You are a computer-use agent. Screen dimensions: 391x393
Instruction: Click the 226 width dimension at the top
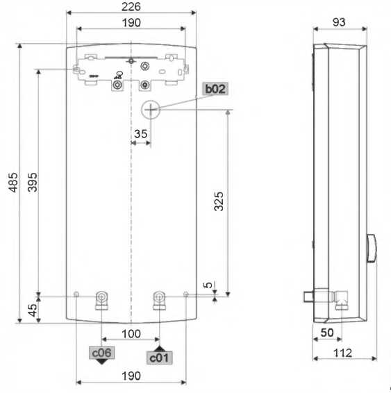pyautogui.click(x=131, y=7)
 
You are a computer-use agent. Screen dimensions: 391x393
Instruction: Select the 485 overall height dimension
pyautogui.click(x=13, y=182)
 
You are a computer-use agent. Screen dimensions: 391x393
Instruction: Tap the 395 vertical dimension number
pyautogui.click(x=32, y=182)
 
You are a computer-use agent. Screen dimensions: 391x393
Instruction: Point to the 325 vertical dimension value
pyautogui.click(x=219, y=201)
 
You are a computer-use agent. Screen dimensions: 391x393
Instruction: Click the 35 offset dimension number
pyautogui.click(x=140, y=134)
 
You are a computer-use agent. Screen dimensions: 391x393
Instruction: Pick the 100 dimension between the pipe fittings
pyautogui.click(x=131, y=334)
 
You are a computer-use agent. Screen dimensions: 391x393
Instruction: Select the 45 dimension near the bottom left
pyautogui.click(x=33, y=310)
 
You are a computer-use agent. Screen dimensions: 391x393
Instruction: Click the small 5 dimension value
pyautogui.click(x=208, y=285)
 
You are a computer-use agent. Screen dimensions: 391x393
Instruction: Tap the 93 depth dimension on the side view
pyautogui.click(x=339, y=22)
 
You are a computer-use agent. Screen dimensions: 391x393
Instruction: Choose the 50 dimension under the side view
pyautogui.click(x=327, y=333)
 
